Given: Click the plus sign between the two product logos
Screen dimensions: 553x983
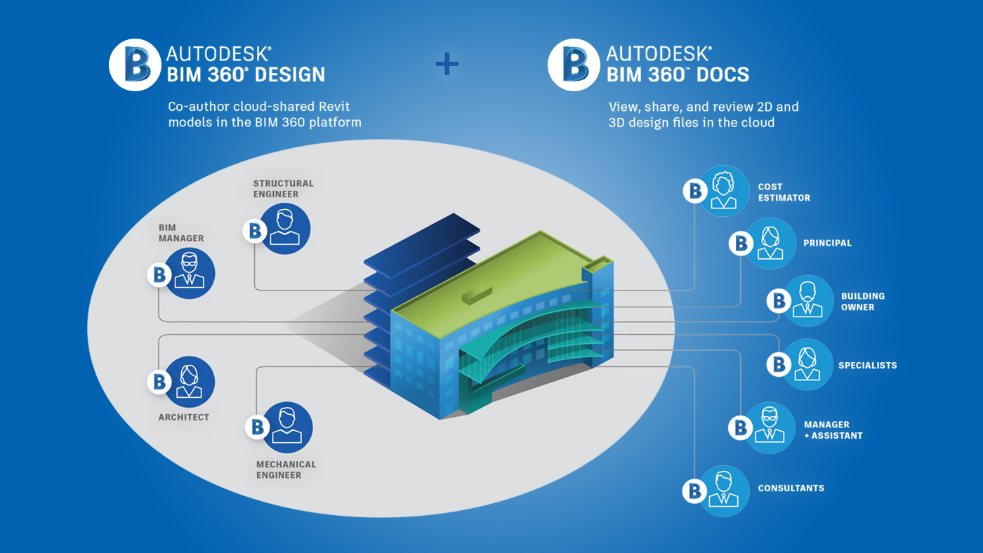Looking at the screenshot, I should [447, 65].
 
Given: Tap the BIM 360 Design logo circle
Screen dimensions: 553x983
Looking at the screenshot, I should [136, 65].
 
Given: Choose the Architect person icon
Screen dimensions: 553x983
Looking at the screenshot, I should [189, 382].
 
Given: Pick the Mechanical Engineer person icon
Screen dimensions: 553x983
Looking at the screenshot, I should [286, 427].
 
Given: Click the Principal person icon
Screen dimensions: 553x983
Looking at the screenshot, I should [770, 243].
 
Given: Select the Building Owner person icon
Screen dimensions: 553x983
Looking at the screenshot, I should [807, 300].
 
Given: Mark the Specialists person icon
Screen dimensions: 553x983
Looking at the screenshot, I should [807, 364].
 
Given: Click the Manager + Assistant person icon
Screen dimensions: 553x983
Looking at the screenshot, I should [770, 427].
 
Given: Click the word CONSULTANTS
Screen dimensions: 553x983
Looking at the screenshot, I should [791, 488].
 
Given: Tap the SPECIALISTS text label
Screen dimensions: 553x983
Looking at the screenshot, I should [867, 366].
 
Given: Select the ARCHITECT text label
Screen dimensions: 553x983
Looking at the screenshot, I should [184, 418].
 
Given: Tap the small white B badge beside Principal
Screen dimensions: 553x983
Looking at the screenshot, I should [740, 244].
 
